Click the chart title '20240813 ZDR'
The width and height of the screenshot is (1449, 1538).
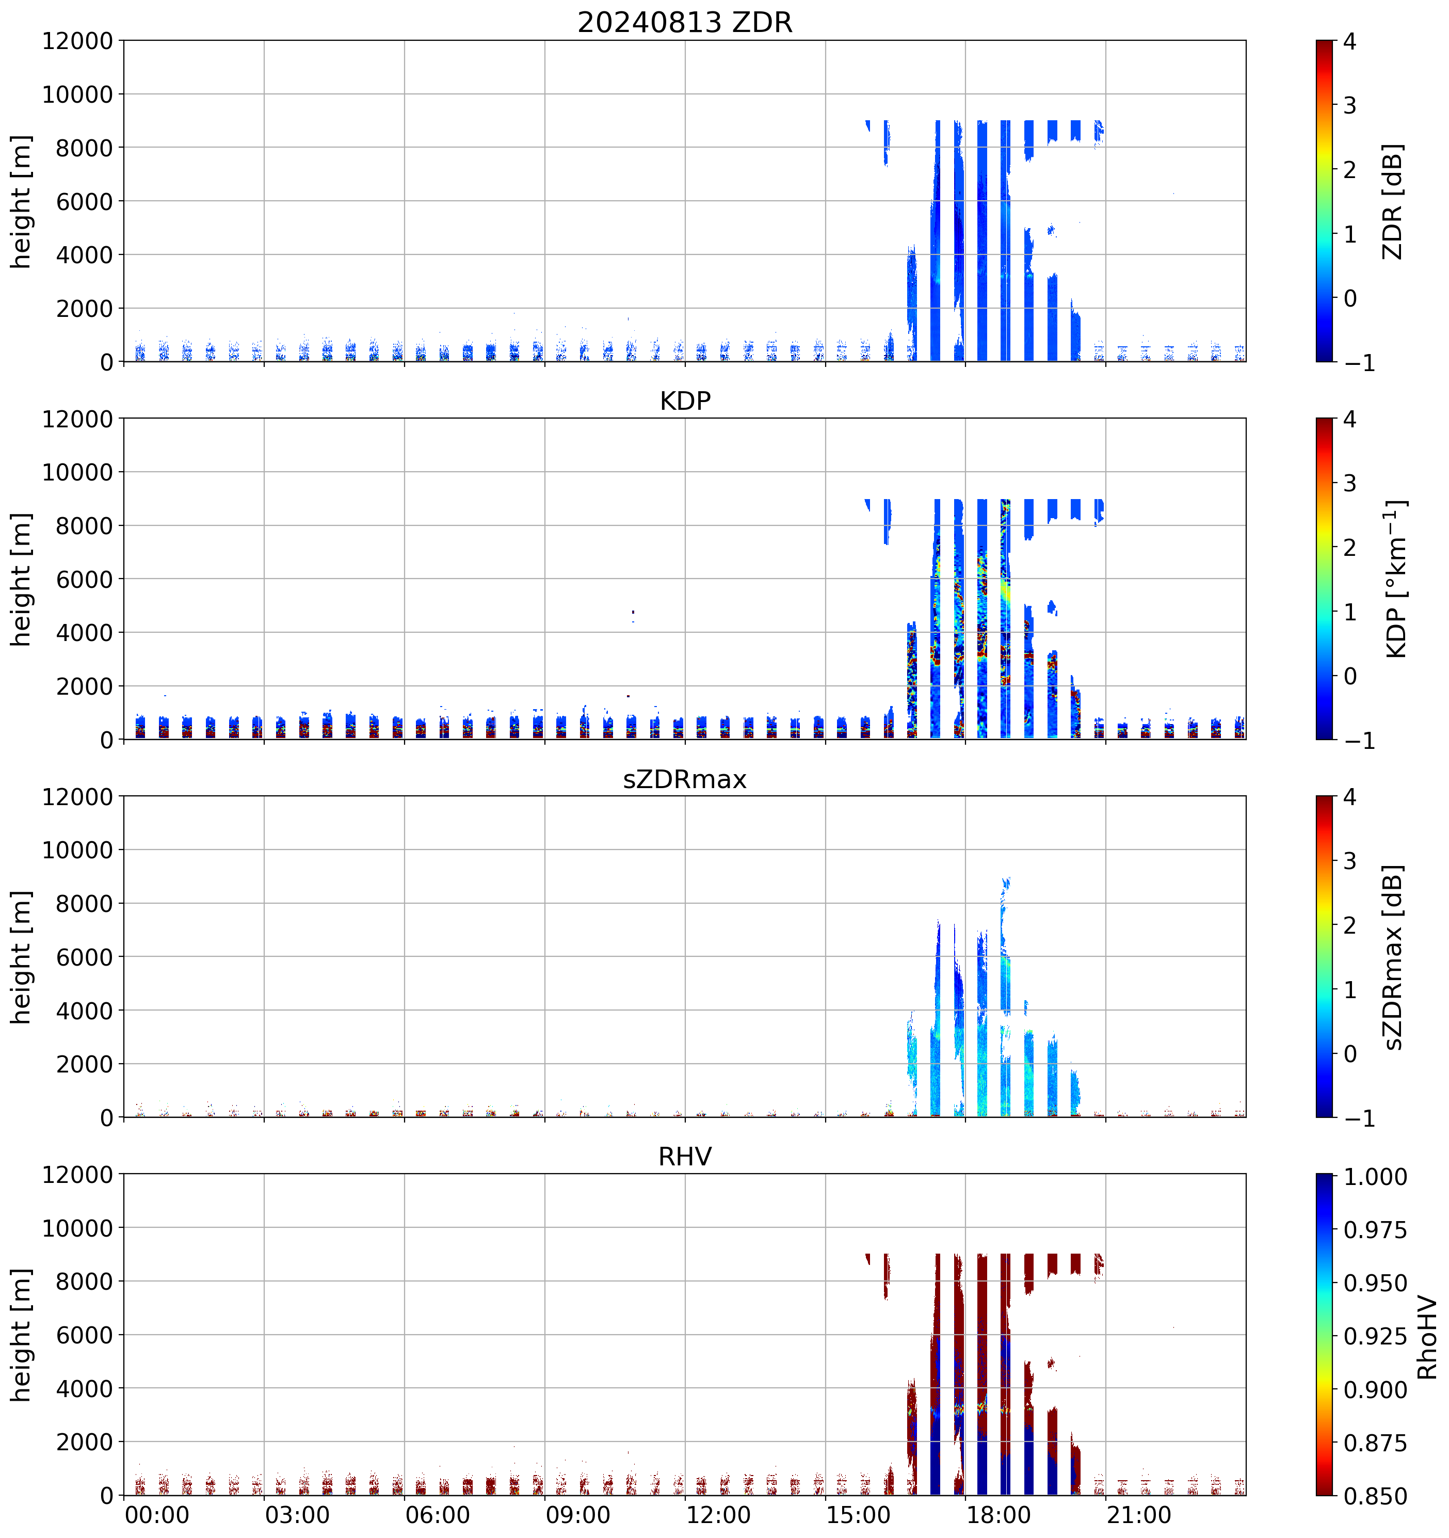pyautogui.click(x=685, y=22)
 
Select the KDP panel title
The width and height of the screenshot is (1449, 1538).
pyautogui.click(x=685, y=400)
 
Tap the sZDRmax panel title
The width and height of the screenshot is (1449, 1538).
pyautogui.click(x=685, y=779)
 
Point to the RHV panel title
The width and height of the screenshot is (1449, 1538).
pyautogui.click(x=685, y=1157)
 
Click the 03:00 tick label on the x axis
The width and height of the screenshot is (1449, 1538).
pyautogui.click(x=297, y=1514)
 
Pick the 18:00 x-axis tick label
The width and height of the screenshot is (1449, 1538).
pyautogui.click(x=999, y=1514)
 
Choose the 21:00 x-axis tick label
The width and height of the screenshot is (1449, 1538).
pyautogui.click(x=1139, y=1514)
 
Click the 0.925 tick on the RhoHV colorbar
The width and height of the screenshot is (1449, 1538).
pyautogui.click(x=1375, y=1336)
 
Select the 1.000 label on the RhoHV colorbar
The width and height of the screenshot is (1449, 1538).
pyautogui.click(x=1375, y=1177)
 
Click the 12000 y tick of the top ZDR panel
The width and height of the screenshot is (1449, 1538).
pyautogui.click(x=77, y=41)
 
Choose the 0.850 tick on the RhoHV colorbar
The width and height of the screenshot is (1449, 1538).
pyautogui.click(x=1375, y=1496)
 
